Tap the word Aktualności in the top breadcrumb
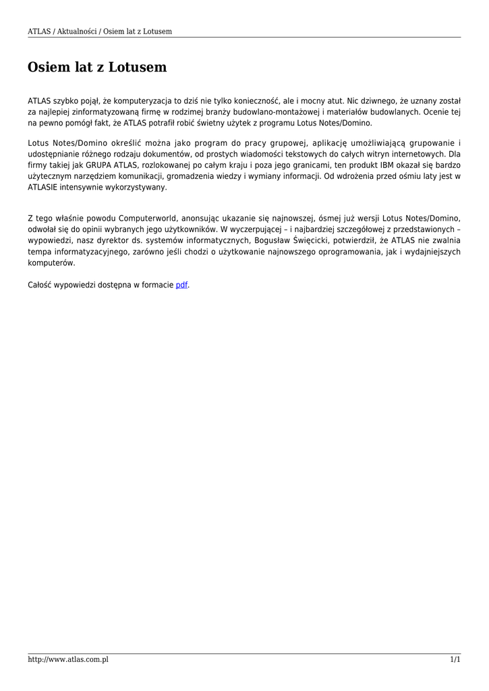coord(76,32)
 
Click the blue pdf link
coord(181,285)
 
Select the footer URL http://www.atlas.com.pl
coord(68,659)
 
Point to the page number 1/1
coord(455,659)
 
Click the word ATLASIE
coord(43,187)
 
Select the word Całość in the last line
coord(41,285)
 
